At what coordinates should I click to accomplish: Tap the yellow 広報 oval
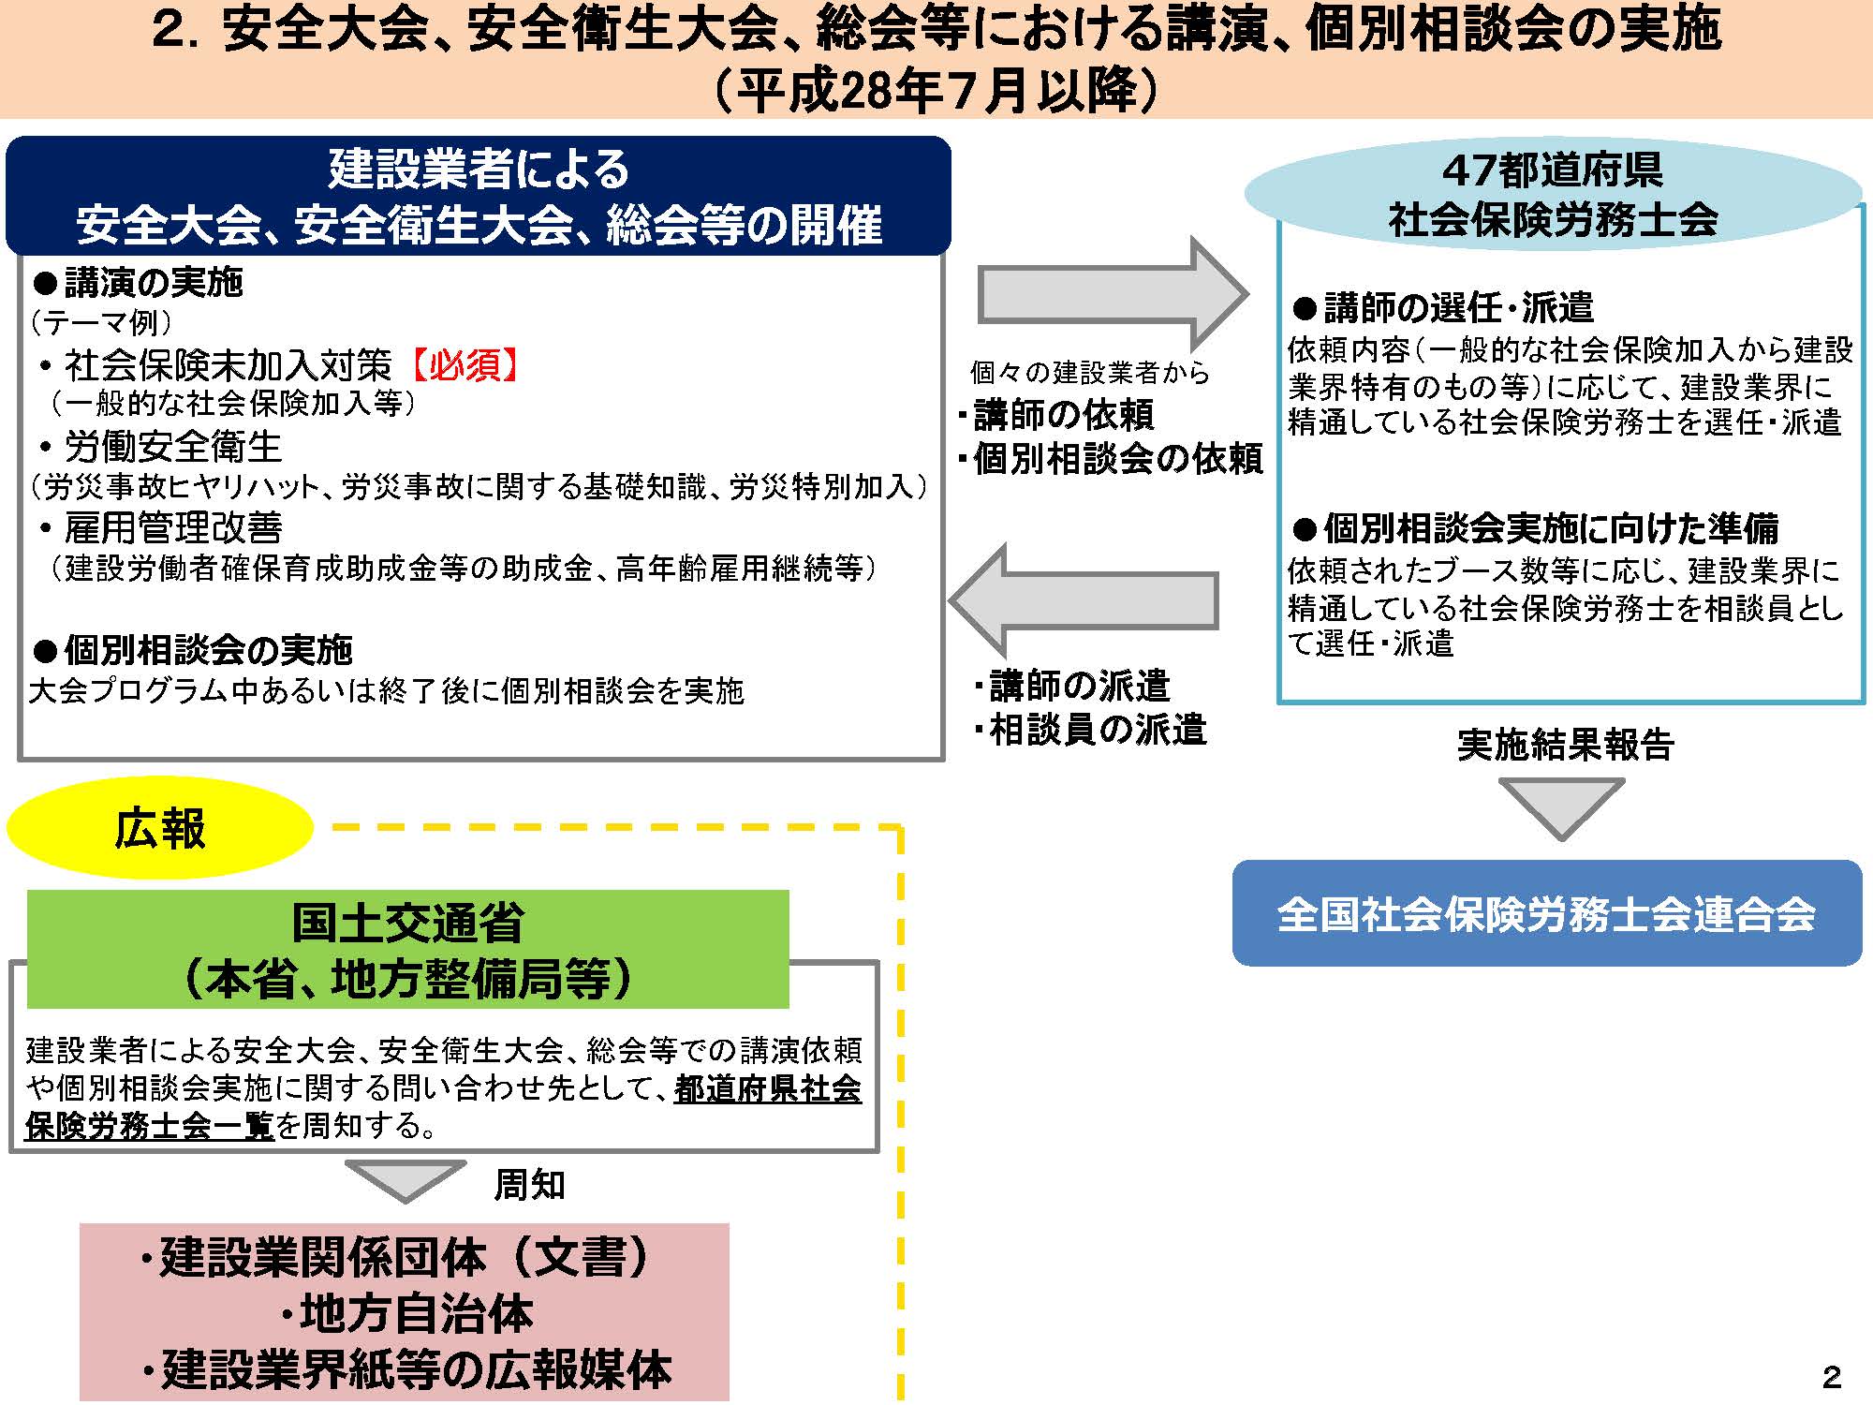pos(159,828)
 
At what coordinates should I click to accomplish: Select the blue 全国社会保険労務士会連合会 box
pos(1546,913)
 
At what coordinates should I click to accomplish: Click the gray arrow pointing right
pos(1113,294)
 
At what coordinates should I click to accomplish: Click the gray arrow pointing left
pos(1084,600)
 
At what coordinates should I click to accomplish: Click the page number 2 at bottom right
pos(1832,1376)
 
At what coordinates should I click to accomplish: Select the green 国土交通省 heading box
pos(408,949)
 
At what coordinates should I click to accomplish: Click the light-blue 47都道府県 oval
pos(1553,194)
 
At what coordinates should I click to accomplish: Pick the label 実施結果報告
pos(1565,745)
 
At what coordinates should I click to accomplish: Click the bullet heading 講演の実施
pos(138,282)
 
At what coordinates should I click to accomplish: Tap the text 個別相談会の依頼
pos(1118,459)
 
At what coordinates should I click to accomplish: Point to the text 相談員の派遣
pos(1098,730)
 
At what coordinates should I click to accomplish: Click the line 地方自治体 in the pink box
pos(416,1313)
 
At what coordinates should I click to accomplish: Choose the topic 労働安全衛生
pos(173,447)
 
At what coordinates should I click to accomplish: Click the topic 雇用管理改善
pos(173,528)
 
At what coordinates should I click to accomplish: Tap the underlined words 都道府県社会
pos(768,1088)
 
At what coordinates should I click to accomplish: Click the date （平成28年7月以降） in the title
pos(936,91)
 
